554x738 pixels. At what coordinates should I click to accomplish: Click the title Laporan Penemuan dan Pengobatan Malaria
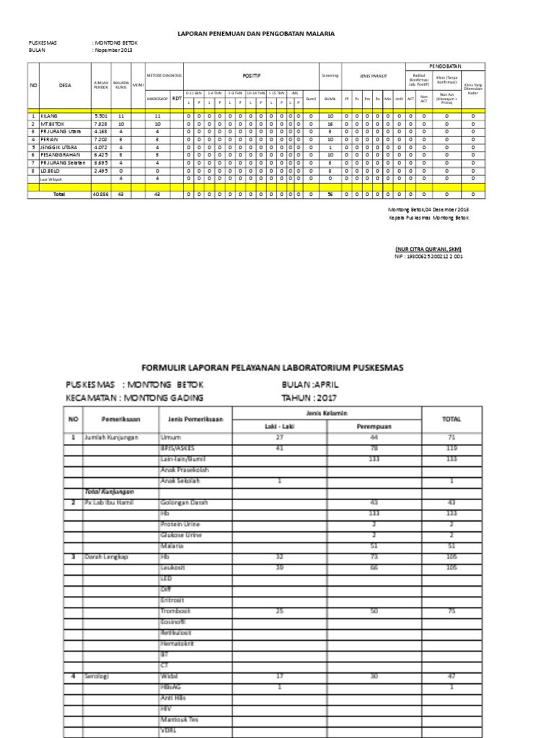tap(257, 33)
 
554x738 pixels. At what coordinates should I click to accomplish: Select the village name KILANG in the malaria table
tap(50, 115)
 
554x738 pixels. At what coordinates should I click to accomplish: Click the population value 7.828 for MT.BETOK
tap(100, 123)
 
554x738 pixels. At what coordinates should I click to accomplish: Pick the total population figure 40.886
tap(100, 194)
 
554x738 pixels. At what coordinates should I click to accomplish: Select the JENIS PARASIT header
tap(374, 75)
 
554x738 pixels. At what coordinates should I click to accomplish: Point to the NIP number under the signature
tap(428, 256)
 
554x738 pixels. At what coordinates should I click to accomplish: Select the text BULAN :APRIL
tap(309, 384)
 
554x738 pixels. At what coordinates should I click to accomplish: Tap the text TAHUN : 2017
tap(308, 397)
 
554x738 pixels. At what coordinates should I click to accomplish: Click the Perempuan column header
tap(374, 426)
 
